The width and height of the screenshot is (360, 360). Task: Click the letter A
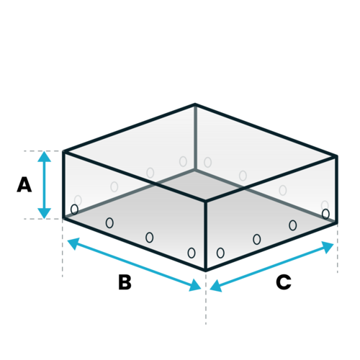point(24,184)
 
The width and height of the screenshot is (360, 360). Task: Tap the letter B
point(125,282)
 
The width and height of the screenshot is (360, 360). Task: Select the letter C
point(284,282)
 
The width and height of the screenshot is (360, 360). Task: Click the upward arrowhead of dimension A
point(44,156)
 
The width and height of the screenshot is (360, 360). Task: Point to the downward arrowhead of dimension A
point(44,213)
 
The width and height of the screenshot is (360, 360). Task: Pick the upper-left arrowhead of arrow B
point(73,243)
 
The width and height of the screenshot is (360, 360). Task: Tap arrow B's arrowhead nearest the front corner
point(195,286)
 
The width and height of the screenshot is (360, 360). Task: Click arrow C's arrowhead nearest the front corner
point(215,286)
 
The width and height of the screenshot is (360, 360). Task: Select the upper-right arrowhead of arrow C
point(328,247)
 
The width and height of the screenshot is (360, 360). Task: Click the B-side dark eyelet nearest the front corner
point(192,253)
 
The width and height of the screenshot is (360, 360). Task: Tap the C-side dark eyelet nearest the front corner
point(220,253)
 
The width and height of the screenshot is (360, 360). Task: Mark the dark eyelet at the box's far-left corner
point(74,210)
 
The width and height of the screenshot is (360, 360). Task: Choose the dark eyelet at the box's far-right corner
point(325,214)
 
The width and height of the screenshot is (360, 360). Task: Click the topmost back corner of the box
point(195,104)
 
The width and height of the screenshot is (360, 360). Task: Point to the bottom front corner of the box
point(206,270)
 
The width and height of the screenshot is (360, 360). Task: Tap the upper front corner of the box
point(206,200)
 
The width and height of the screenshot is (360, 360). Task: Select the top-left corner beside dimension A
point(63,152)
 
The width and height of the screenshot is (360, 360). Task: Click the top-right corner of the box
point(336,156)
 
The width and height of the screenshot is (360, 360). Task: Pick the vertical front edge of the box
point(206,235)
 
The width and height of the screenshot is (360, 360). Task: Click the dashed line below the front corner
point(206,298)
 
